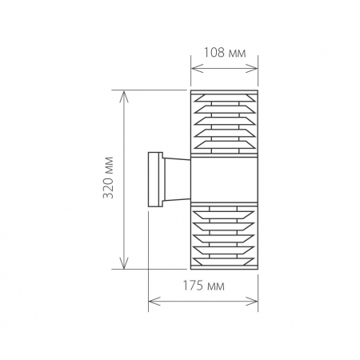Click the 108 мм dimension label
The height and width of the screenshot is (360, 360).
point(225,52)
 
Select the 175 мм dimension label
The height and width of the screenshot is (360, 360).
point(204,286)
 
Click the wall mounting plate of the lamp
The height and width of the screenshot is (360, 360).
point(154,180)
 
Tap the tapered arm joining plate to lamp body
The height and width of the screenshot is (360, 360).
point(174,180)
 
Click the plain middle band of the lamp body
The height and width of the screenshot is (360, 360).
point(225,180)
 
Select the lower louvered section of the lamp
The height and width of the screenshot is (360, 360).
point(225,236)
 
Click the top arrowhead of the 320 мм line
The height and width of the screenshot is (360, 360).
point(123,94)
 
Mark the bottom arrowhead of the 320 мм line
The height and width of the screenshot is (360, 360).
point(123,266)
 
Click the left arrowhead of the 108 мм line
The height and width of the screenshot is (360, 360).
point(194,66)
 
